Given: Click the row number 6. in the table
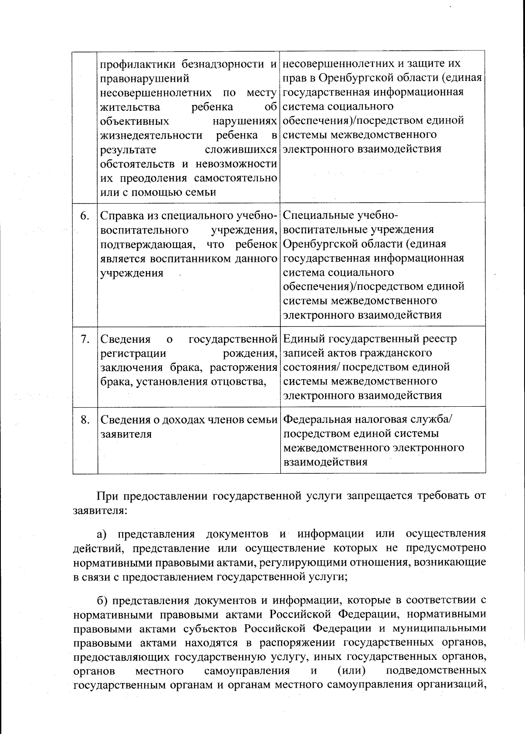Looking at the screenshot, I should pos(85,216).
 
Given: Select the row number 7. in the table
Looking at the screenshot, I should pos(85,339).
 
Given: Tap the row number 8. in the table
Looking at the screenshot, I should pos(85,419).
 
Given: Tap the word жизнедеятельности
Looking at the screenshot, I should pos(151,135).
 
